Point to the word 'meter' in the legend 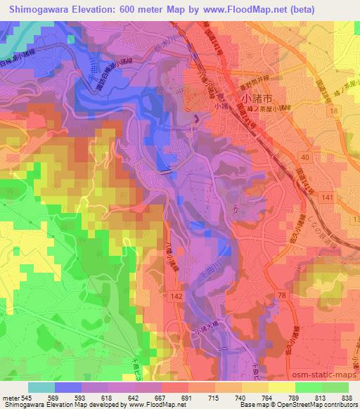10,398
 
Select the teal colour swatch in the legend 41,387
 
